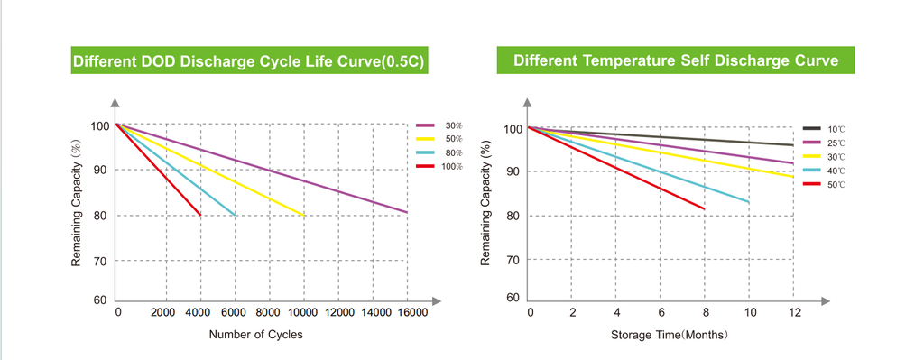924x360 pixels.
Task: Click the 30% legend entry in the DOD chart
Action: click(x=439, y=125)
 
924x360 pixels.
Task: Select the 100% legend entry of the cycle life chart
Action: click(x=439, y=166)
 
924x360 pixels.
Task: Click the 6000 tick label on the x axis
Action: click(x=236, y=312)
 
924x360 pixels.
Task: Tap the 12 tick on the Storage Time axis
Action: click(x=795, y=312)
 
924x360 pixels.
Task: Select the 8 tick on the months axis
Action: click(x=706, y=312)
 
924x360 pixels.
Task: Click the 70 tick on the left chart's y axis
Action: click(x=99, y=261)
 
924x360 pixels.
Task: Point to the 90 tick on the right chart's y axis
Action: click(x=513, y=171)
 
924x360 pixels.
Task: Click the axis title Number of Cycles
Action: click(x=255, y=335)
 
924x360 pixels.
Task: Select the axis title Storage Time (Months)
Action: click(x=669, y=336)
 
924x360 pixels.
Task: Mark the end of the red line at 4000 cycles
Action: click(x=200, y=215)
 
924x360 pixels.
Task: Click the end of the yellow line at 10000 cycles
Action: click(x=304, y=215)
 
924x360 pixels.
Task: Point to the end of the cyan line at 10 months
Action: click(x=749, y=203)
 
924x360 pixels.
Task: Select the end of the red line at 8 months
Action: click(x=704, y=208)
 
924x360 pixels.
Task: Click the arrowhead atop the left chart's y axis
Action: click(x=115, y=102)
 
